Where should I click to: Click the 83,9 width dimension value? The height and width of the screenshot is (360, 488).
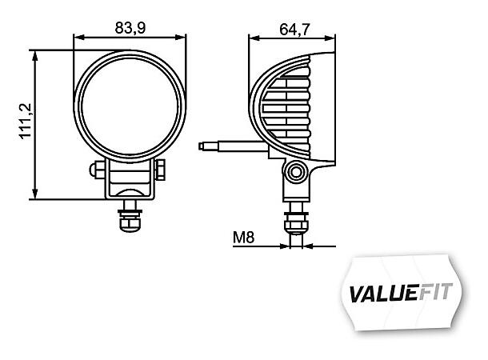[130, 27]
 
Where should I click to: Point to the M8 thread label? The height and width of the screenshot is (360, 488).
[245, 238]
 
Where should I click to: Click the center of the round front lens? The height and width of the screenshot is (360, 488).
[130, 105]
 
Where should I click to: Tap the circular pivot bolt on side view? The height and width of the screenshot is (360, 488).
[298, 171]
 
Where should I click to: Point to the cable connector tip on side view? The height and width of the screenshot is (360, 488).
[205, 146]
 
